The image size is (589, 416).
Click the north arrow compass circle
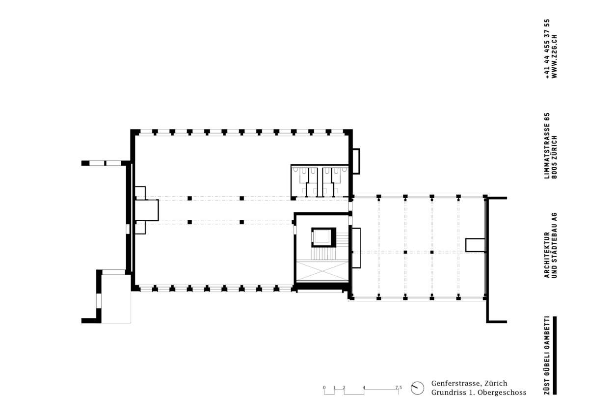tap(417, 388)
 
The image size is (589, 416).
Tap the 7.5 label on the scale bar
tap(399, 388)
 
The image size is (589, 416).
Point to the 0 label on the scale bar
tap(324, 388)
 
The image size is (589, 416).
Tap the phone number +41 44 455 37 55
tap(547, 49)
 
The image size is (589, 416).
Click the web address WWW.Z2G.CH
tap(554, 56)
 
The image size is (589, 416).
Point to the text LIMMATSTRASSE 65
tap(547, 146)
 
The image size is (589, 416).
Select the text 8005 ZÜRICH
tap(554, 157)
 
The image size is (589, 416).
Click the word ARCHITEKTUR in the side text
tap(547, 255)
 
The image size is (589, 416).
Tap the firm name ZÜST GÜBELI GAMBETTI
tap(547, 355)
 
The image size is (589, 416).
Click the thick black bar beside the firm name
tap(555, 355)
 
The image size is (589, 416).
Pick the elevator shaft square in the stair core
tap(323, 237)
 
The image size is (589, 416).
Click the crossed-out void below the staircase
tap(322, 271)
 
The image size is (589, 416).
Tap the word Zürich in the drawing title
tap(496, 384)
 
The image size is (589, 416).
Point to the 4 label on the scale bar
tap(364, 388)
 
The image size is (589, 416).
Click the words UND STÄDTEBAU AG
tap(554, 245)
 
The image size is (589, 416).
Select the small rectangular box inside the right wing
tap(476, 245)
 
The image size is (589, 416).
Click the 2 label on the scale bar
tap(344, 388)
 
